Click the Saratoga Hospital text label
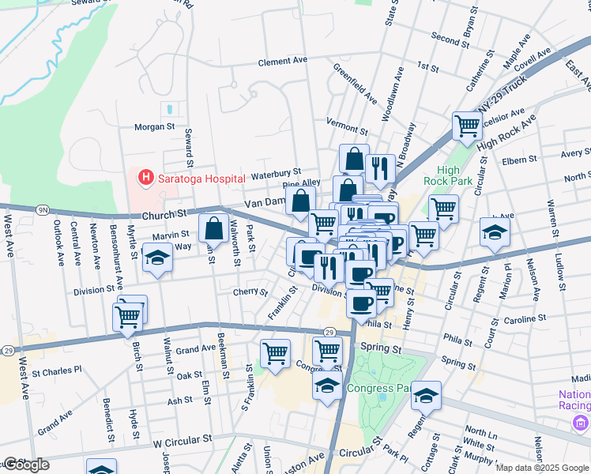[201, 178]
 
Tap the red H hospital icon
[145, 178]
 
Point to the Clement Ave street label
[282, 60]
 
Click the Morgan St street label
[154, 126]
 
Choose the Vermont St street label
[348, 126]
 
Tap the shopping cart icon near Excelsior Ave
[467, 125]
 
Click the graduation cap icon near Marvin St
[157, 258]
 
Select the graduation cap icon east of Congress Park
[426, 396]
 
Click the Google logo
[25, 465]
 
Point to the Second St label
[450, 37]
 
